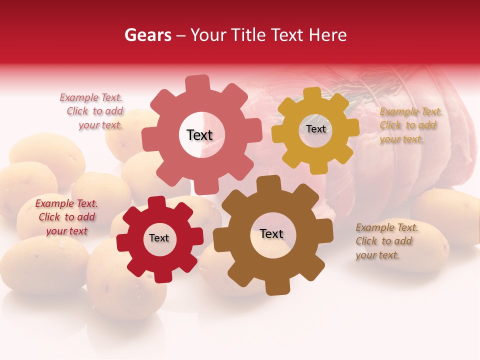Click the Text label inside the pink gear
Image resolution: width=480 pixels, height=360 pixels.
tap(199, 135)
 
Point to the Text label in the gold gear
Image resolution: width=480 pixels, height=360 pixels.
tap(315, 129)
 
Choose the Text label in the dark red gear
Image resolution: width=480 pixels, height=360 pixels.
tap(159, 238)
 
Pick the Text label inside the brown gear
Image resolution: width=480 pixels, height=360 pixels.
tap(271, 234)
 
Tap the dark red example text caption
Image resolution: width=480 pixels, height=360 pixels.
tap(66, 217)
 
